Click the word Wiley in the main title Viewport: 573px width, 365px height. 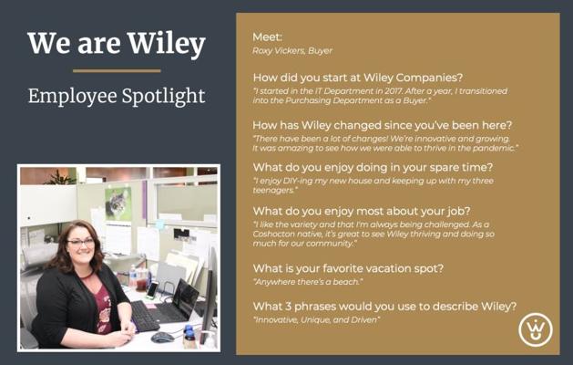167,44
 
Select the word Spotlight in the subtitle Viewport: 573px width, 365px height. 163,97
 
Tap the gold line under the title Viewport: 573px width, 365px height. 117,70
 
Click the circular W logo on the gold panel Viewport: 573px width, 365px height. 536,329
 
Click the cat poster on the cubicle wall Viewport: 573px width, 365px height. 118,203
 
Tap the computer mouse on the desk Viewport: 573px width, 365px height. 162,337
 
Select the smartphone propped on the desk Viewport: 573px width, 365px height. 151,289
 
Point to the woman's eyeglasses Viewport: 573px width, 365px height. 81,242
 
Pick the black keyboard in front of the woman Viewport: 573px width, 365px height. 144,315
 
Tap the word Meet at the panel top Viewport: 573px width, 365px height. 267,37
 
